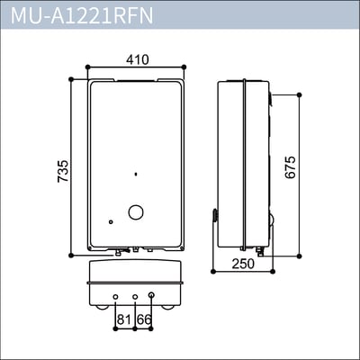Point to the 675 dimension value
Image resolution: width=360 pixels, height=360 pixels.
290,166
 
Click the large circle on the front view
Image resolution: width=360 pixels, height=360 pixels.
136,213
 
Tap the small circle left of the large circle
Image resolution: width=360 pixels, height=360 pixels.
111,222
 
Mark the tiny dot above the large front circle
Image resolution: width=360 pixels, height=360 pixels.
135,174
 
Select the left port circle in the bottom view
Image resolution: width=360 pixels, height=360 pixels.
117,296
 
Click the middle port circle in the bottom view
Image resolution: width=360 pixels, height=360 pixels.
135,296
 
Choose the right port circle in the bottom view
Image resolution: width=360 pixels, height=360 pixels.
150,295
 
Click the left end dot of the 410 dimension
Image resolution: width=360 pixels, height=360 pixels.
87,67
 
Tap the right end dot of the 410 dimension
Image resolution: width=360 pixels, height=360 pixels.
184,67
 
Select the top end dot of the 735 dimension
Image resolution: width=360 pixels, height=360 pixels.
71,79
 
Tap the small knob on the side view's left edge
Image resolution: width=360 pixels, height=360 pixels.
214,215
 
